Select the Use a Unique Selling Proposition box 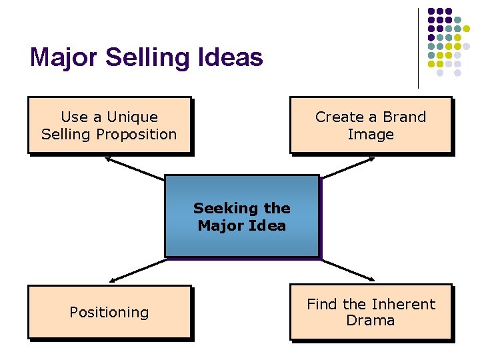[109, 125]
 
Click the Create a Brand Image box [370, 125]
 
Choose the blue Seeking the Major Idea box [241, 216]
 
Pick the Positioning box [109, 312]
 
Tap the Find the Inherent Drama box [370, 312]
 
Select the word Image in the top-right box [371, 135]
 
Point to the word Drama [371, 321]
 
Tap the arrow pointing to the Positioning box [137, 269]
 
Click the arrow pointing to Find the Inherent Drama [348, 269]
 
